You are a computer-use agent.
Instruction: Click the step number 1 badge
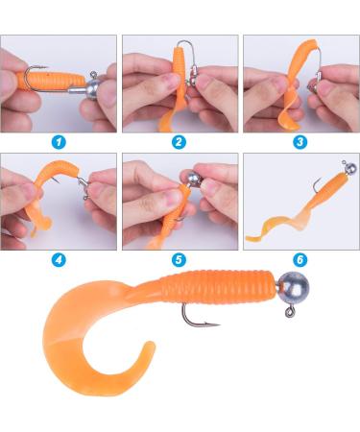point(60,141)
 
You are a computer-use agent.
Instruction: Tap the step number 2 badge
point(180,141)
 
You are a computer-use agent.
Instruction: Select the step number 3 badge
point(300,141)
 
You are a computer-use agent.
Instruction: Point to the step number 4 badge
point(60,258)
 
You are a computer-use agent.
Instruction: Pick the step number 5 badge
point(180,258)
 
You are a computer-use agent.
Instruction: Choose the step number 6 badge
point(300,258)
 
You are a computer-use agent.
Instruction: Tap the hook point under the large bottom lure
point(214,324)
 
